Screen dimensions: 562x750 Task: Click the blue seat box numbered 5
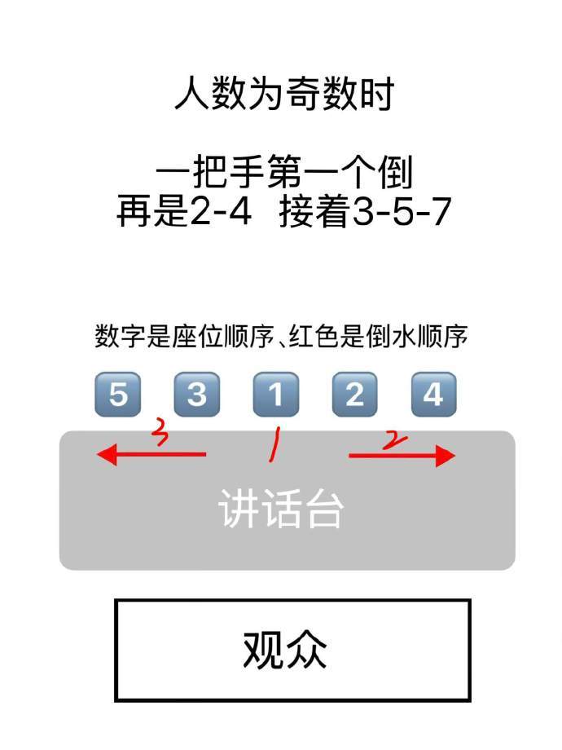(x=118, y=395)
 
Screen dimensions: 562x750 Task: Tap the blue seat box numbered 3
(x=197, y=395)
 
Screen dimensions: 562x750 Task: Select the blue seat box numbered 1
(x=276, y=395)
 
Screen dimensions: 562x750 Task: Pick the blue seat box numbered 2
(x=354, y=395)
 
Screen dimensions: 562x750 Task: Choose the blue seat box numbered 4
(x=434, y=395)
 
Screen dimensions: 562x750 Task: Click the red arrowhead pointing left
(x=107, y=454)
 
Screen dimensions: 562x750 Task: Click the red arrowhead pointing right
(x=446, y=456)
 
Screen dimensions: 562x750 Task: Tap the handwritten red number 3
(x=160, y=431)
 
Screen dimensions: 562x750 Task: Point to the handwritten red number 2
(x=395, y=440)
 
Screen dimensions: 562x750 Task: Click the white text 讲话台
(x=280, y=509)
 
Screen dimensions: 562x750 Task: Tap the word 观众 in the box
(x=285, y=650)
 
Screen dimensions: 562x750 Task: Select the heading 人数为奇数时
(x=284, y=93)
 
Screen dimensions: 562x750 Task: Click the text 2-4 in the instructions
(x=221, y=211)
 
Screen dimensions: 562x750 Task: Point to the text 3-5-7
(x=402, y=211)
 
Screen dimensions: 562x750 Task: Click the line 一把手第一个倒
(x=284, y=171)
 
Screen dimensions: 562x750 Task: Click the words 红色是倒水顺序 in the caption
(x=378, y=336)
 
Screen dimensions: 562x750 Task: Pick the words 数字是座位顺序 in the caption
(x=184, y=336)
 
